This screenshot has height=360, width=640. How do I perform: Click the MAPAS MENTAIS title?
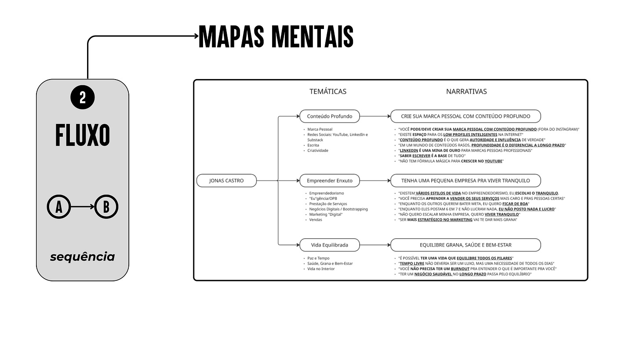tap(276, 36)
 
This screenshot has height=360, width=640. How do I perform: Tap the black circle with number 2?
tap(83, 97)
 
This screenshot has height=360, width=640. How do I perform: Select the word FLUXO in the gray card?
tap(83, 135)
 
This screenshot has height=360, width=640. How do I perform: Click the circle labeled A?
tap(59, 206)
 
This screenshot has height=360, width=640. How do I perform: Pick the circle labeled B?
tap(106, 206)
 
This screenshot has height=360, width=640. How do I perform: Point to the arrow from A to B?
tap(83, 206)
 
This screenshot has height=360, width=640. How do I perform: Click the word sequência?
tap(82, 257)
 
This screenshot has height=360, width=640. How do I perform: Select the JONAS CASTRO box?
tap(226, 181)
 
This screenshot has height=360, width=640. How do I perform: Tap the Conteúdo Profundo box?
tap(330, 116)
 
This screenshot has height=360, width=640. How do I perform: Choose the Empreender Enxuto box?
tap(330, 181)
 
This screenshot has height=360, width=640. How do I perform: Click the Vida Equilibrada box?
tap(330, 245)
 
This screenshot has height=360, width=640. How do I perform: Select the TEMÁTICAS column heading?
tap(328, 91)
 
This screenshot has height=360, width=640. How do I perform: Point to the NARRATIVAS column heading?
tap(466, 91)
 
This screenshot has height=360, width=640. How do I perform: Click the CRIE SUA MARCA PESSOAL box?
tap(465, 116)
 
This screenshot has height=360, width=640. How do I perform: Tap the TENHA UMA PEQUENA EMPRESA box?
tap(465, 181)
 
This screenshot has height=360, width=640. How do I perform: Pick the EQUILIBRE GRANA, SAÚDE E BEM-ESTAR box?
tap(465, 245)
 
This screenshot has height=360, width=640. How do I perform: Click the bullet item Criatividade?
tap(318, 151)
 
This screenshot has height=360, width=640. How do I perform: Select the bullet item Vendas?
tap(316, 220)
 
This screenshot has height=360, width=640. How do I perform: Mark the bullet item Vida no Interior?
tap(321, 269)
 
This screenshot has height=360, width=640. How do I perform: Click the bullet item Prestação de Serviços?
tap(328, 204)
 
